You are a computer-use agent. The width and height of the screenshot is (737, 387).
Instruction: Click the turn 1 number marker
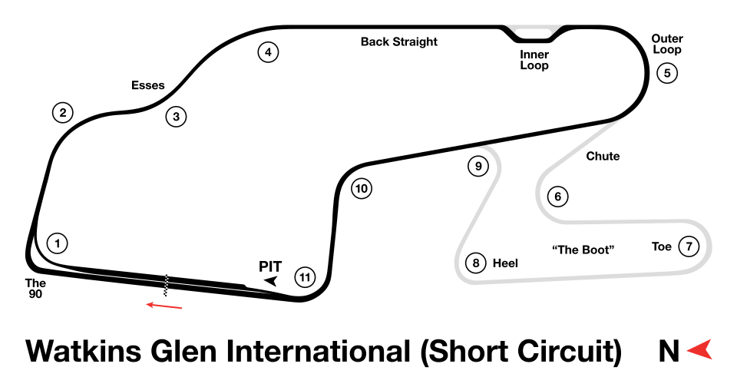point(57,243)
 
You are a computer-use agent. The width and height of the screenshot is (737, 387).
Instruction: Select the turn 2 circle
point(63,113)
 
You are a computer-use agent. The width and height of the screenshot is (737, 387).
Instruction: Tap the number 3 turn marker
point(176,117)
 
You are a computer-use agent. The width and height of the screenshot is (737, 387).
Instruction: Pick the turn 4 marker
point(267,52)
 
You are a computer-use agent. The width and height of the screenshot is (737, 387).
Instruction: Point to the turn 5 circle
point(667,73)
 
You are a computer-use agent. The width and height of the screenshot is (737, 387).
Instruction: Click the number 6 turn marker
point(558,197)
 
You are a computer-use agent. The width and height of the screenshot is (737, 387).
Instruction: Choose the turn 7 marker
point(689,246)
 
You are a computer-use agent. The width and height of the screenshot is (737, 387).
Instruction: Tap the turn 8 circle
point(476,263)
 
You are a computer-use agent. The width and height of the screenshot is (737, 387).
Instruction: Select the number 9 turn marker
point(478,166)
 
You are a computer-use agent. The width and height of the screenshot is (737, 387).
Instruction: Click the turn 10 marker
point(362,188)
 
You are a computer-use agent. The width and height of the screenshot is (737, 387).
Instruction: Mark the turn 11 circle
point(306,277)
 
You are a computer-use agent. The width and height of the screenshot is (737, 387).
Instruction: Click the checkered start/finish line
point(166,285)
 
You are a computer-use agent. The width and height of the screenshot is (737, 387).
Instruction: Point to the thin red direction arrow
point(164,306)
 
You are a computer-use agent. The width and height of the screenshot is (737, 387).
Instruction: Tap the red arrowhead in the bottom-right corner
point(701,349)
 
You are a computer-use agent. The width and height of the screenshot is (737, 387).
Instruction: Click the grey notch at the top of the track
point(534,31)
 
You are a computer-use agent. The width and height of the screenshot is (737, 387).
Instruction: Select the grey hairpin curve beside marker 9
point(497,158)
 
